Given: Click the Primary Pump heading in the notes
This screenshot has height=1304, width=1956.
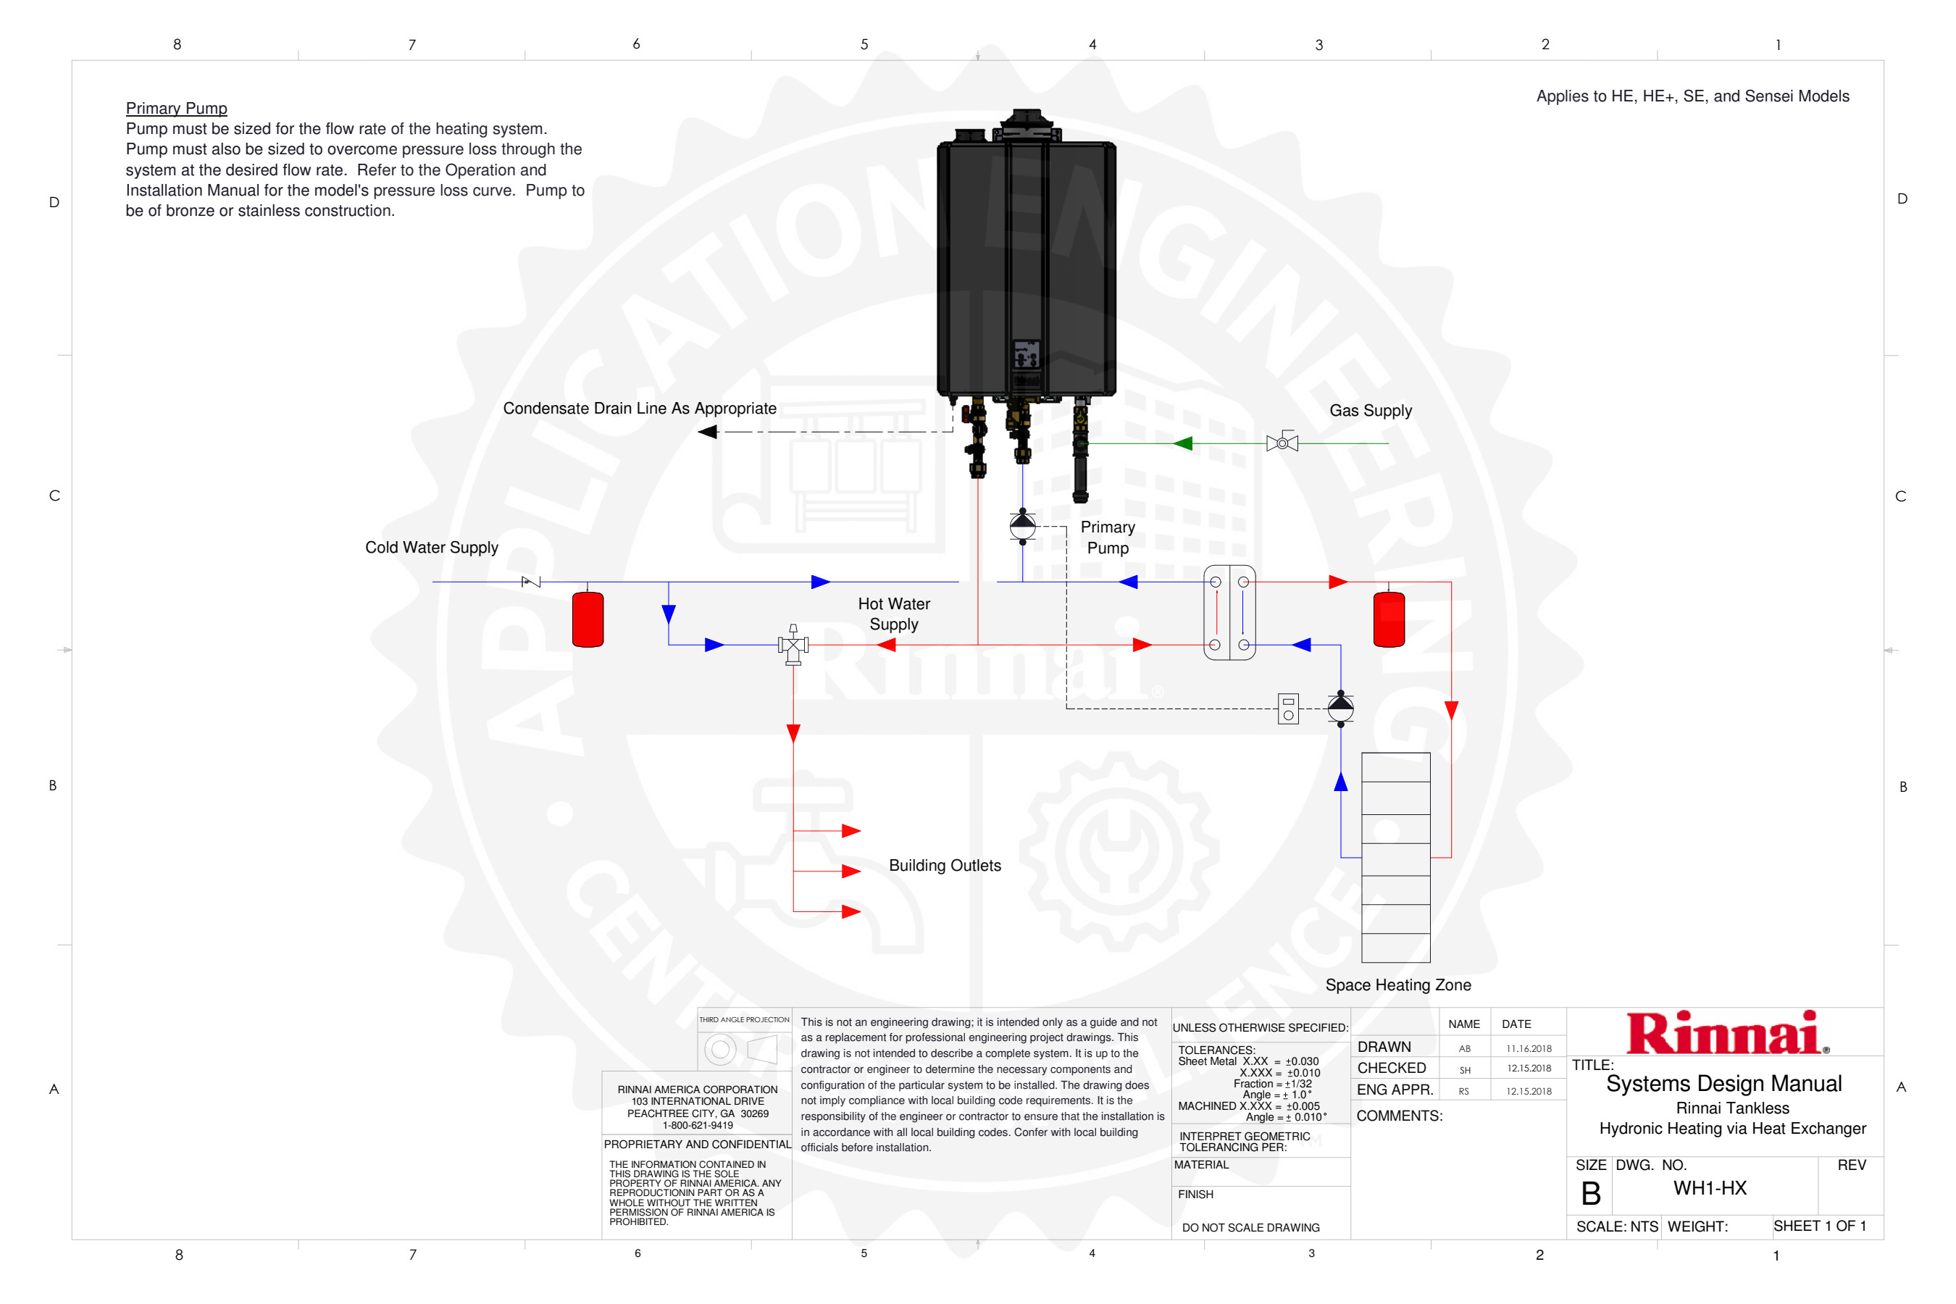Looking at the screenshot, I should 176,108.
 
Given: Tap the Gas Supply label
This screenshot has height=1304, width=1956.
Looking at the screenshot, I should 1370,410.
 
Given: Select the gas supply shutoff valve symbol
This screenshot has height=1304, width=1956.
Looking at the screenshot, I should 1282,443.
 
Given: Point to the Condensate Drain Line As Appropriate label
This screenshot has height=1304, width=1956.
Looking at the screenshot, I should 639,409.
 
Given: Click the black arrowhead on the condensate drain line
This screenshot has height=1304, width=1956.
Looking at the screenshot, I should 708,432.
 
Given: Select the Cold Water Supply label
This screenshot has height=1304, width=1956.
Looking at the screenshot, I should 431,547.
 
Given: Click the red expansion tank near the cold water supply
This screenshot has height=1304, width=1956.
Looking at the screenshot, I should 588,619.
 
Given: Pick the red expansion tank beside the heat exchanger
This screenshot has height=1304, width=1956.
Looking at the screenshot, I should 1388,619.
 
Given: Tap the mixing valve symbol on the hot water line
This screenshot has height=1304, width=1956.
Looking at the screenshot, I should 793,645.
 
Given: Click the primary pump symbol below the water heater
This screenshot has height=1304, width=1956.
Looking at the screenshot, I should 1022,526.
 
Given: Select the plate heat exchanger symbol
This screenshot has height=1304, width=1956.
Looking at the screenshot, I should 1229,613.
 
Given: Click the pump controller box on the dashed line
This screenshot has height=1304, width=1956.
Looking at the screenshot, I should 1287,709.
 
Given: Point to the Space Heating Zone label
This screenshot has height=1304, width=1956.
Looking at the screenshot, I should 1397,985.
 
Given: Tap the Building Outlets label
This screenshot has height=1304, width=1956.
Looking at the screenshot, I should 944,865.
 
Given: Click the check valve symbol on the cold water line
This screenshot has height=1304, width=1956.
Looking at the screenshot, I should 530,581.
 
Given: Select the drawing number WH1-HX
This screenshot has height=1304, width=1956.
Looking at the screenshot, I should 1709,1187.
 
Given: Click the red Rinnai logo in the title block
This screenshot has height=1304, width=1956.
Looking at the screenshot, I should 1726,1033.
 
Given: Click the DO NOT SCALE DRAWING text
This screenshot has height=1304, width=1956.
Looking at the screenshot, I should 1250,1227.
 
